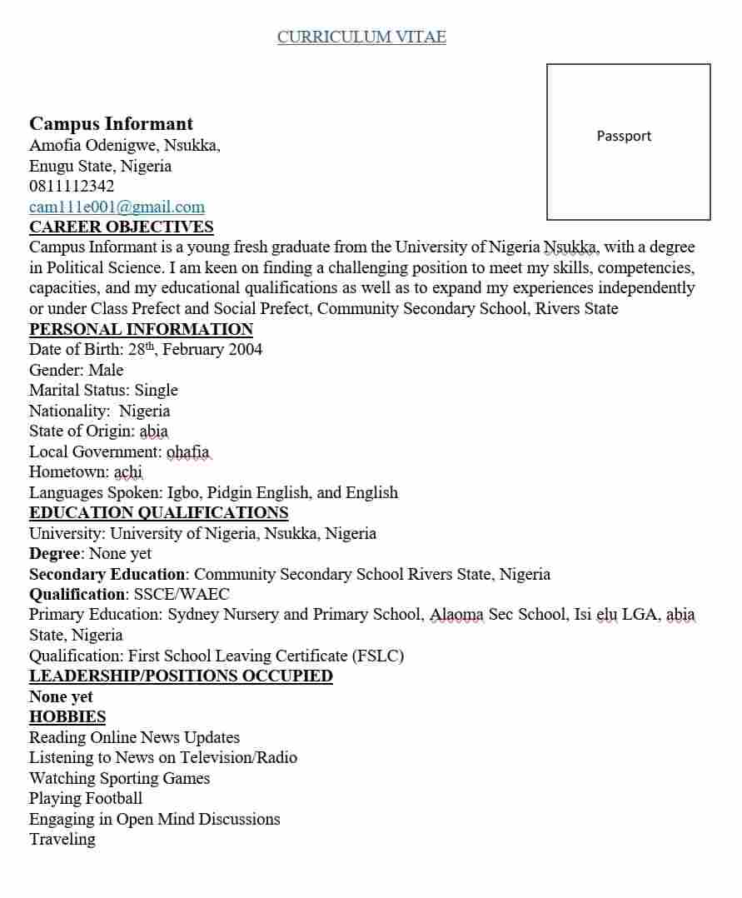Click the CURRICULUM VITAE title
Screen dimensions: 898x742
(361, 37)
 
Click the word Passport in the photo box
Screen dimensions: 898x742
(624, 136)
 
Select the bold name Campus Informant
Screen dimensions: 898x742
(111, 124)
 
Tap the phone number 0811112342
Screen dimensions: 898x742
(72, 186)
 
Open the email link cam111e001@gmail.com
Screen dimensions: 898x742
(117, 207)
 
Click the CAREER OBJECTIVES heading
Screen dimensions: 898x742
(122, 227)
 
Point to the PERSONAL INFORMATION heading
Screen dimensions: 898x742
(141, 329)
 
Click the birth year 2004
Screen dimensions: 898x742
(245, 349)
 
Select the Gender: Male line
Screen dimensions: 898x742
(76, 370)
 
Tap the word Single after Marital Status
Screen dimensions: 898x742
(157, 390)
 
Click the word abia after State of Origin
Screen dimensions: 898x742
(154, 431)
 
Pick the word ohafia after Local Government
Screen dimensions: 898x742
(188, 451)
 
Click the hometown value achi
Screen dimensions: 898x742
(128, 471)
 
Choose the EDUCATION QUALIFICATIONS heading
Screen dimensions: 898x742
(158, 512)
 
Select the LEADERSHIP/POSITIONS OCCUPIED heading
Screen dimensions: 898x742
(181, 676)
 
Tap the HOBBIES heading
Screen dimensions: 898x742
(67, 716)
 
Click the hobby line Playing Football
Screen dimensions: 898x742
(86, 798)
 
